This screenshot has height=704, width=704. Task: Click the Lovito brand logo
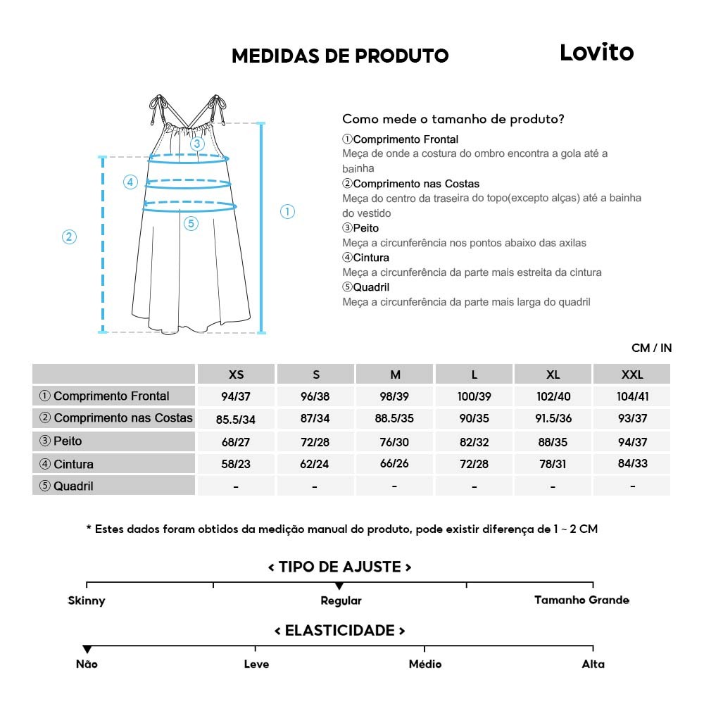[x=596, y=53]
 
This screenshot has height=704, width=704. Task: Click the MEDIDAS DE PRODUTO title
[x=340, y=56]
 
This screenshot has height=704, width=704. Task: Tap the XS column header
[x=236, y=375]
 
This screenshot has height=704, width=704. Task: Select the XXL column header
[x=632, y=375]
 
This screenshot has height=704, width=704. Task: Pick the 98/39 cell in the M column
[x=394, y=396]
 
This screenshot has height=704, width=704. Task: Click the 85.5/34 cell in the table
[x=235, y=420]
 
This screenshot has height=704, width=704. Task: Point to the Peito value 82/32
[x=474, y=441]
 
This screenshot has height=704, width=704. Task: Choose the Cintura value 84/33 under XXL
[x=632, y=463]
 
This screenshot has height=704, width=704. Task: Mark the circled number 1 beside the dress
[x=287, y=212]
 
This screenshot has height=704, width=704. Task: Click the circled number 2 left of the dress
[x=69, y=237]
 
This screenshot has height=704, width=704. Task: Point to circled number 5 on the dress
[x=191, y=224]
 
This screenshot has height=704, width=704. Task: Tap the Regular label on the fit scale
[x=341, y=601]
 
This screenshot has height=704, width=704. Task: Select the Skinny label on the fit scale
[x=87, y=601]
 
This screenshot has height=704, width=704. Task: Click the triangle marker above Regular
[x=339, y=586]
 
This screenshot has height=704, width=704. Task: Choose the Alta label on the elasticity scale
[x=593, y=665]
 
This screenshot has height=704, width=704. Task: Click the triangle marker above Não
[x=87, y=649]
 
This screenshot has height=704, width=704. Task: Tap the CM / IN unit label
[x=651, y=348]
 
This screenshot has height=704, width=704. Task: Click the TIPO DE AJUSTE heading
[x=339, y=567]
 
